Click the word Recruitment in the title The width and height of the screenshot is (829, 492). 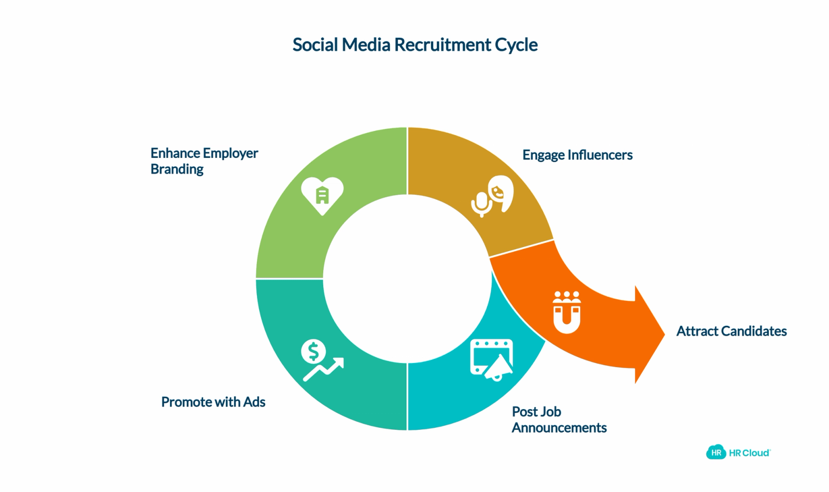click(x=442, y=45)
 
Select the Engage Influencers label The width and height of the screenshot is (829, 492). click(x=577, y=155)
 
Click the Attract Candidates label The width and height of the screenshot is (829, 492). click(x=731, y=331)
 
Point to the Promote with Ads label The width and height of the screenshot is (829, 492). click(x=213, y=402)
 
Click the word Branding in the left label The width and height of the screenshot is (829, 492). click(x=177, y=169)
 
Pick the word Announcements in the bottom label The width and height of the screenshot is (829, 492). click(x=559, y=428)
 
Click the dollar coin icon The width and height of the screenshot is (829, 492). click(x=313, y=351)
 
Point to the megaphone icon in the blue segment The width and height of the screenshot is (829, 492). click(x=498, y=368)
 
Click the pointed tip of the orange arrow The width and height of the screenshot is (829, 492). click(x=665, y=335)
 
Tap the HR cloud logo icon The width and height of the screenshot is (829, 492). click(x=716, y=452)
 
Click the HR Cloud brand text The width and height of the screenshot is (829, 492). click(x=750, y=453)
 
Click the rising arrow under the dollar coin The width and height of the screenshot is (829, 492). click(x=323, y=369)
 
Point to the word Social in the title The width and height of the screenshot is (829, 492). click(x=315, y=45)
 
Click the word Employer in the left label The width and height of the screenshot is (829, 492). click(x=230, y=154)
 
